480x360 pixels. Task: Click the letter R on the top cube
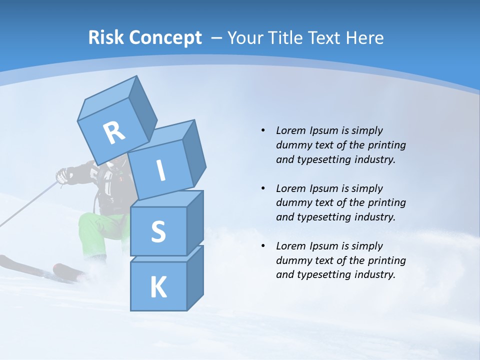[x=114, y=133]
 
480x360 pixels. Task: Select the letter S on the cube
[x=158, y=232]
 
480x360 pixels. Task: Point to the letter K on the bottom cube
[x=158, y=287]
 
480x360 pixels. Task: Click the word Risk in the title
[x=105, y=38]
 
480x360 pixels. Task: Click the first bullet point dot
[x=263, y=130]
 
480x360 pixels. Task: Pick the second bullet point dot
[x=263, y=188]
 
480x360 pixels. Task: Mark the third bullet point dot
[x=263, y=246]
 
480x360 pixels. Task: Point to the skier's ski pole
[x=30, y=205]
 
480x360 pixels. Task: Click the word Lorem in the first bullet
[x=291, y=130]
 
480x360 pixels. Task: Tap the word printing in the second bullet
[x=386, y=203]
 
